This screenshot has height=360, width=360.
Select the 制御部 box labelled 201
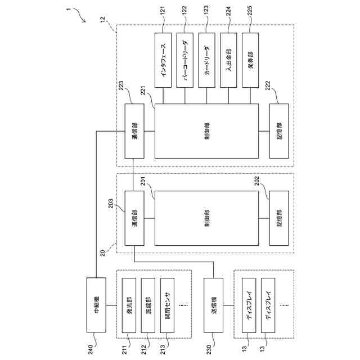tap(206, 218)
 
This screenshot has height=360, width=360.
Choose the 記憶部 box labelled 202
tap(280, 218)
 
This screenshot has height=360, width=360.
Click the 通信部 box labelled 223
tap(134, 132)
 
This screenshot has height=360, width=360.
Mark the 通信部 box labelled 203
tap(134, 218)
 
